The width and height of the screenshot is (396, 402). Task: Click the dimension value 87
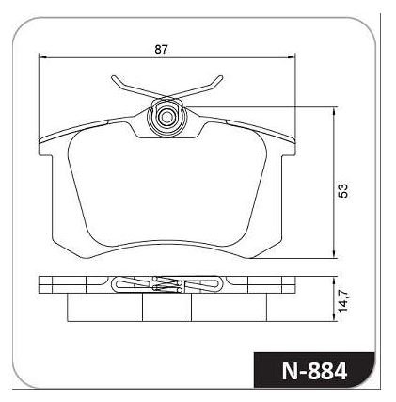(162, 50)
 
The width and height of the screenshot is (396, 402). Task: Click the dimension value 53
(344, 190)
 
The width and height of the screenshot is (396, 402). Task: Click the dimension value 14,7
(343, 300)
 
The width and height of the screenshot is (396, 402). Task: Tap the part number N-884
(314, 372)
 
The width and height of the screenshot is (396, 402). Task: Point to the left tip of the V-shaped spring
(113, 77)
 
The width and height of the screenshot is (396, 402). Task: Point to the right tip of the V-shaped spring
(221, 77)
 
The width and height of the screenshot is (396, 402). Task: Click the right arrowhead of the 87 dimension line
(292, 57)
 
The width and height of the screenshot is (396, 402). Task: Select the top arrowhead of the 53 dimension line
(336, 111)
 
